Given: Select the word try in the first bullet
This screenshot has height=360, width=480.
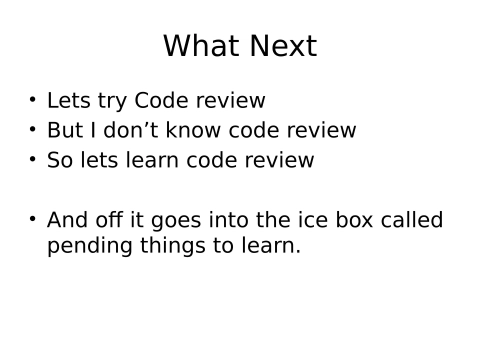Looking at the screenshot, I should pos(110,101).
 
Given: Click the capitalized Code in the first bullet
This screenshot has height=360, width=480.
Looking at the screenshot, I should pos(161,101).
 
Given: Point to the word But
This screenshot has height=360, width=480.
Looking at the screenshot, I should pos(65,131).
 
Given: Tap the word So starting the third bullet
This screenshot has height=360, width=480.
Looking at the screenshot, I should pos(59,161).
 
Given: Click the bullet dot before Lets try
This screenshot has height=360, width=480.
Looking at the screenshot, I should pos(33,100).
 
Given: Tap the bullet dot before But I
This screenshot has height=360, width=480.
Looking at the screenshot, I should pos(33,130).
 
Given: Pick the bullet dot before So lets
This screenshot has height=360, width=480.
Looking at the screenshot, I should pos(33,160).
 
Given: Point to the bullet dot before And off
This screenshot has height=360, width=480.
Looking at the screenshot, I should pos(33,220).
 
